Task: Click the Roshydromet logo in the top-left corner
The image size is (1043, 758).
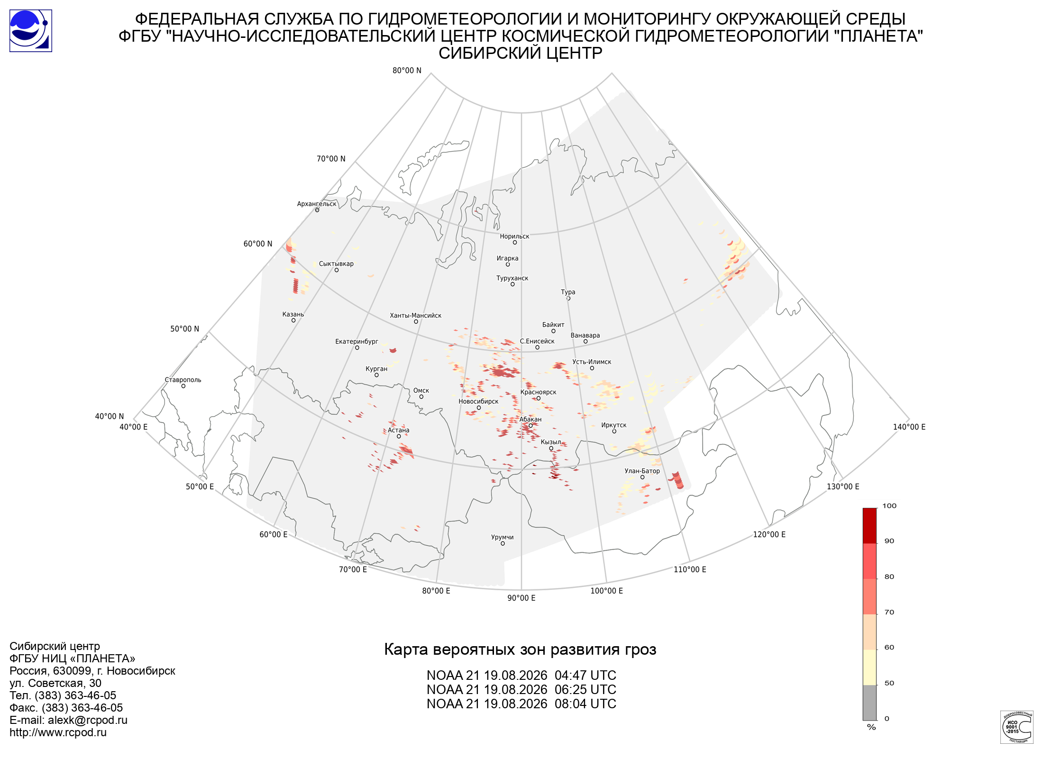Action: click(31, 31)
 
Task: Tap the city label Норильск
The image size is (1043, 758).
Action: click(514, 236)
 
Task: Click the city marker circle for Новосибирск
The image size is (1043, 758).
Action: click(479, 408)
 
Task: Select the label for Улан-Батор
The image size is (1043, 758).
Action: click(642, 471)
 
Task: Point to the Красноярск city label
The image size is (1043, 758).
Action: click(539, 392)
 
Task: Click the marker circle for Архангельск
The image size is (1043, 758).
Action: click(317, 210)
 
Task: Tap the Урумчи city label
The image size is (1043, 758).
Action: click(503, 537)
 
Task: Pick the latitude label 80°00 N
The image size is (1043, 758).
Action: click(407, 71)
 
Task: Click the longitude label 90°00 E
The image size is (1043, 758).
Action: click(521, 598)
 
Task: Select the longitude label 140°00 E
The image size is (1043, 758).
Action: click(909, 427)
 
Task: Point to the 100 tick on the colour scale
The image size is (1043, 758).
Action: click(889, 506)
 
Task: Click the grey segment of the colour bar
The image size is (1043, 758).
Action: click(869, 703)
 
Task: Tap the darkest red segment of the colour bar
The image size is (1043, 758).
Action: click(869, 526)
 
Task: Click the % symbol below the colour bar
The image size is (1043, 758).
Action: click(871, 727)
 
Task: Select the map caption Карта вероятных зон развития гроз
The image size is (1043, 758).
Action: click(520, 650)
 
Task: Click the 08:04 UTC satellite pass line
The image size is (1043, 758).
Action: click(521, 704)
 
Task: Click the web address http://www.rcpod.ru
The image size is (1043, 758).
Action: click(58, 732)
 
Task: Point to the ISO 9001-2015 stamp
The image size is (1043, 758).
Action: click(1016, 727)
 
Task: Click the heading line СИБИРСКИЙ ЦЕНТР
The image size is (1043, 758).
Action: click(521, 53)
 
